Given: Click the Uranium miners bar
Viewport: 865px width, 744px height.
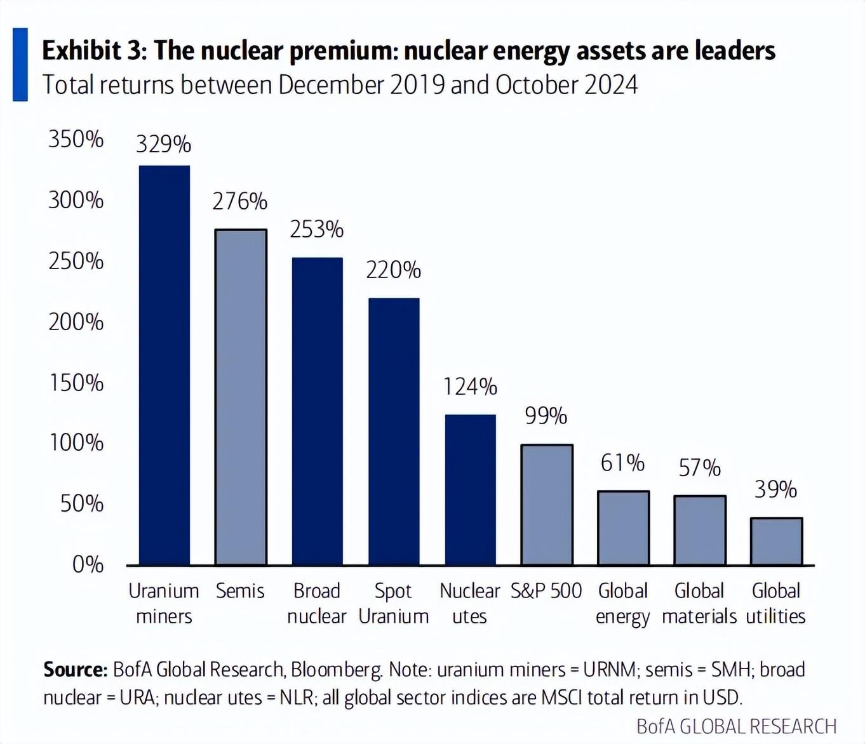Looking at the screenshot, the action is click(x=164, y=365).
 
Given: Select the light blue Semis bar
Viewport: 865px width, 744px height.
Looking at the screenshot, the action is click(x=241, y=397).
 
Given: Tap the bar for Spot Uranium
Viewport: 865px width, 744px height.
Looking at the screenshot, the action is click(x=394, y=431).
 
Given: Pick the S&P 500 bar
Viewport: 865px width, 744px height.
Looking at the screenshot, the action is click(x=547, y=505).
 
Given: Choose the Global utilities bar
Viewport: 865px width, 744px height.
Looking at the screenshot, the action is click(x=776, y=541).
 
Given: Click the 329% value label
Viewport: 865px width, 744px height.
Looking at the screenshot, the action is click(x=164, y=144).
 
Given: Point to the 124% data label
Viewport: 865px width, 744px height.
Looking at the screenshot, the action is click(x=470, y=387).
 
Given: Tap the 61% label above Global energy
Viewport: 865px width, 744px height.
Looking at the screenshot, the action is click(x=622, y=463).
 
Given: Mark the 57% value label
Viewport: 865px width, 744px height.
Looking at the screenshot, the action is click(x=699, y=468).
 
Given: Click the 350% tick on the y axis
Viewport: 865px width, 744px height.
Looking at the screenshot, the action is click(x=76, y=139).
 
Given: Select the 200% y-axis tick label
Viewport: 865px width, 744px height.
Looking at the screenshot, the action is click(x=76, y=322).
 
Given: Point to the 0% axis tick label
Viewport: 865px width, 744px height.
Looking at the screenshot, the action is click(x=88, y=565).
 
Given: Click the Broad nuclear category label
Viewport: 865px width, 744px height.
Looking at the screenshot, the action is click(x=317, y=604).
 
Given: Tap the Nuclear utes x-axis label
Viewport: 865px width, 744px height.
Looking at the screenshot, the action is click(x=469, y=604).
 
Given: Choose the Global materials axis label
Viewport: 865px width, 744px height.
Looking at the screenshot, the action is click(x=699, y=604).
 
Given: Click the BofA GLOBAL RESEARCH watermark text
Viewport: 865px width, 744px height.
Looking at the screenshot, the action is click(x=737, y=726).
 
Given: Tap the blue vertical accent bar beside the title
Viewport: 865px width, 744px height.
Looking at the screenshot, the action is click(x=20, y=64).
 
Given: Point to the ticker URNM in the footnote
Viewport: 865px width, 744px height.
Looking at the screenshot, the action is click(x=610, y=670).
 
